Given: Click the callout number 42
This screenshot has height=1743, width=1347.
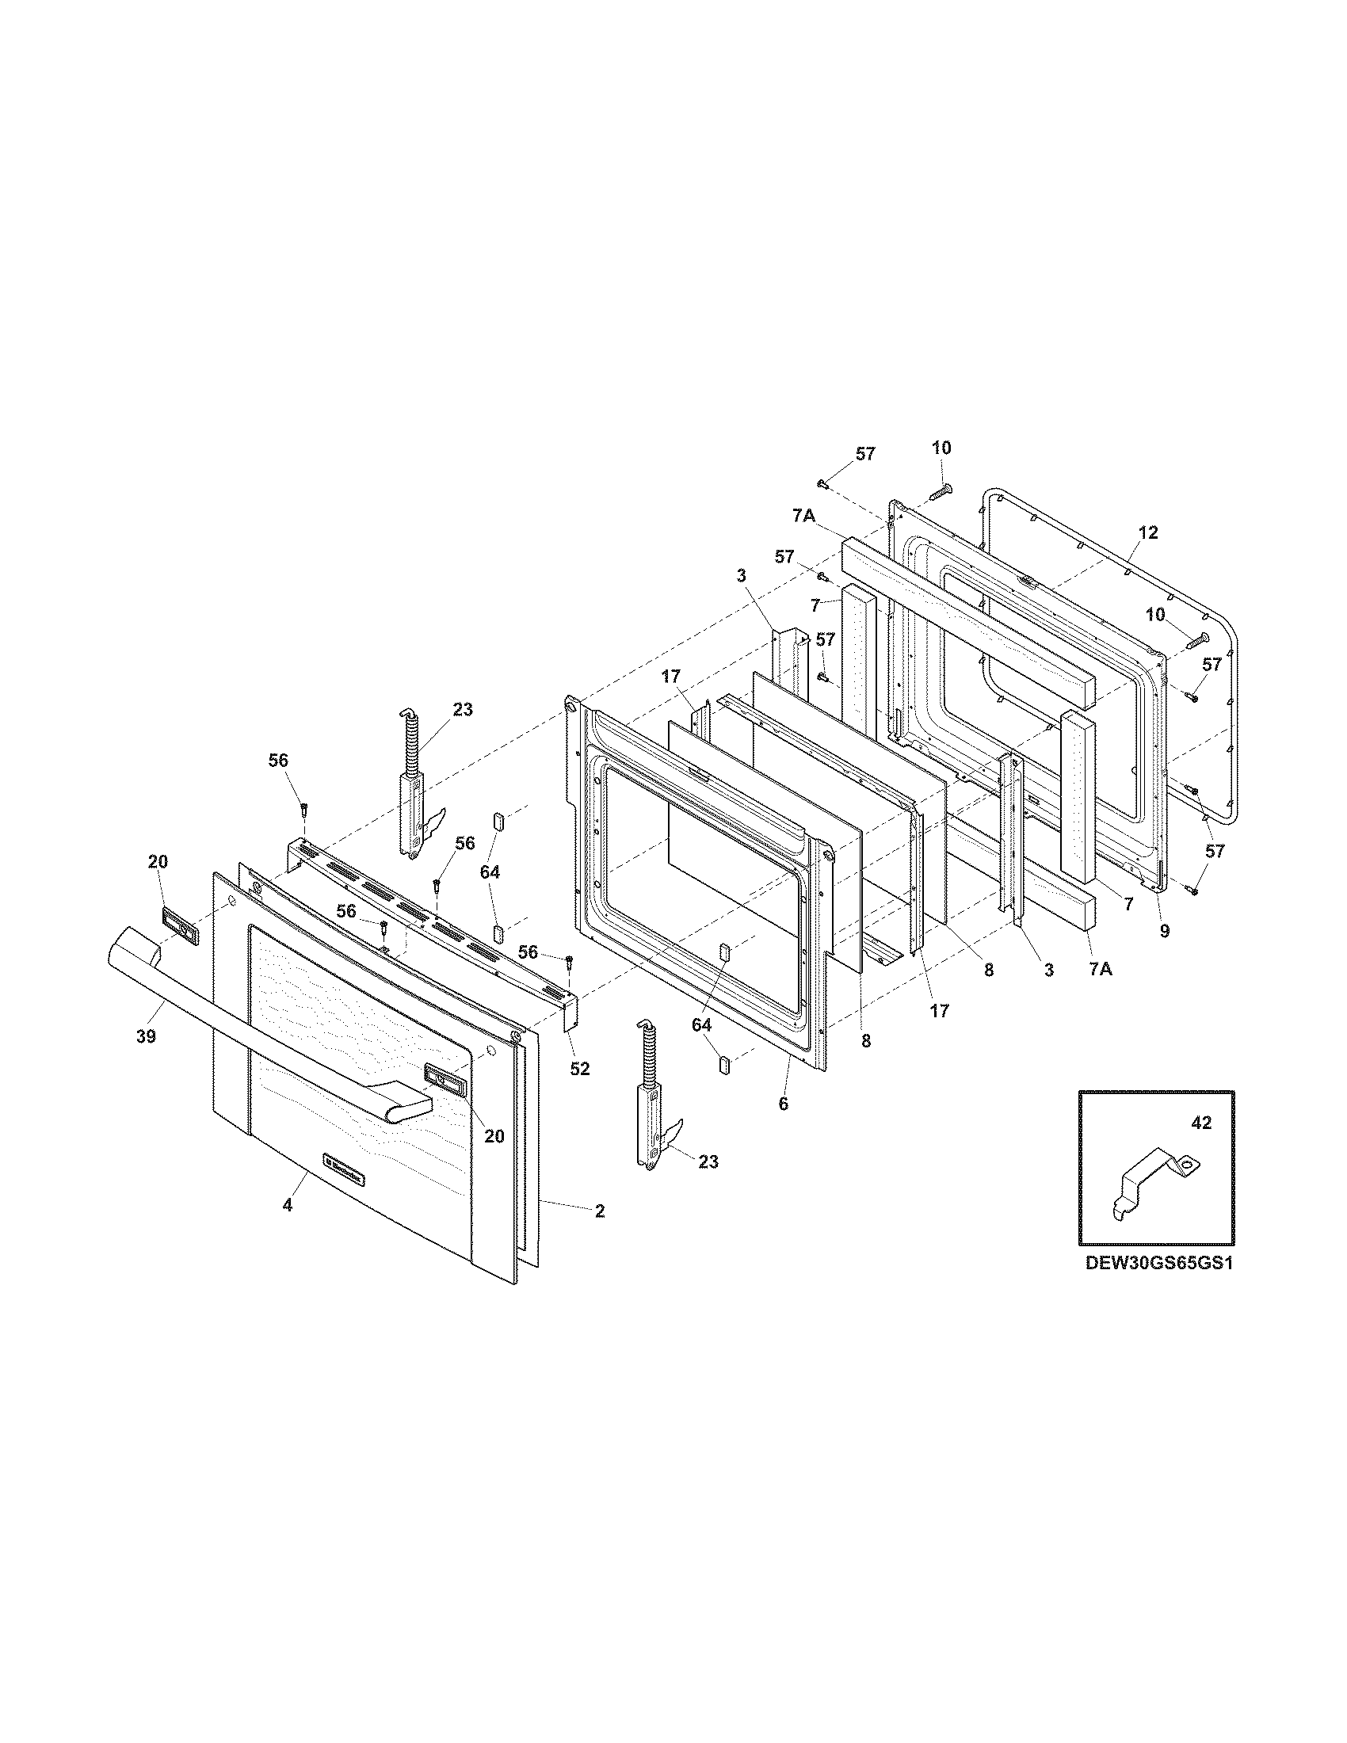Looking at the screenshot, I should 1201,1123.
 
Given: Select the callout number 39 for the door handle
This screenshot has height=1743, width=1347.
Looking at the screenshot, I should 145,1037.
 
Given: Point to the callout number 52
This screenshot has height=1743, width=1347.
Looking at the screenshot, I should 580,1069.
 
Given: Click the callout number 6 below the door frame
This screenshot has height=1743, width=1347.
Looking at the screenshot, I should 783,1104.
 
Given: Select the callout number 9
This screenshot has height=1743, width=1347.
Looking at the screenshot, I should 1164,931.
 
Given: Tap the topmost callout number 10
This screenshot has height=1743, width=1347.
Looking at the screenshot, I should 941,448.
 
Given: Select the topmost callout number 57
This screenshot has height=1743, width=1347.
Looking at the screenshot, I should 865,454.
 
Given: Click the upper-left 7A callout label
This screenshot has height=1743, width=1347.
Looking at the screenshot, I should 803,517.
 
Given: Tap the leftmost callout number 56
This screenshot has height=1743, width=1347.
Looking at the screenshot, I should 277,761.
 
